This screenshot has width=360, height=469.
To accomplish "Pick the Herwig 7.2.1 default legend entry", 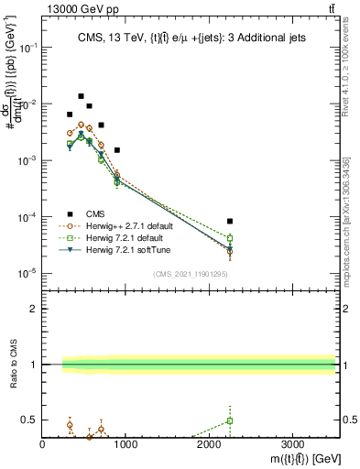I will click(117, 238).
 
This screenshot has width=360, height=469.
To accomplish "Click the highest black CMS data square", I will click(81, 96).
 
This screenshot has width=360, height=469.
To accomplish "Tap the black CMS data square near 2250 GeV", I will click(230, 221).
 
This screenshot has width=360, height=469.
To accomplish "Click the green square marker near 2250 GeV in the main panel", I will click(230, 239).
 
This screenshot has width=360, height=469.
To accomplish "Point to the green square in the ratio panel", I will click(230, 420).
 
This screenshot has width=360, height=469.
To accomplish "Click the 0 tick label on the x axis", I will click(42, 445).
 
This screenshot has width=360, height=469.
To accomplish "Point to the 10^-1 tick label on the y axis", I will click(30, 48).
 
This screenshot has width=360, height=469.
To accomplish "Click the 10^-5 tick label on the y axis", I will click(30, 273).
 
